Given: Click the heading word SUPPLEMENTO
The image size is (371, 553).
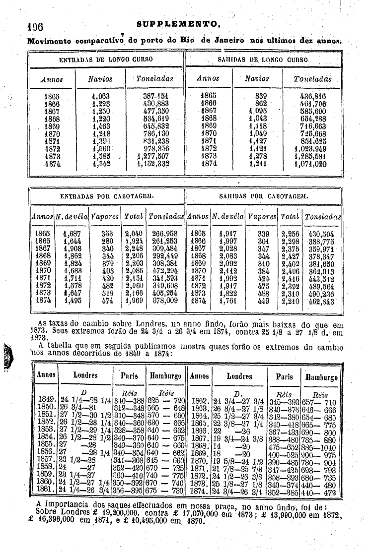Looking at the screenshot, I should [x=179, y=24].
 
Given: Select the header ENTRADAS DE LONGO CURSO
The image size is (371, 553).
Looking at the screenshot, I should [x=106, y=60].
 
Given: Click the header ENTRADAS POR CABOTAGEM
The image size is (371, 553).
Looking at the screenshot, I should [x=106, y=196].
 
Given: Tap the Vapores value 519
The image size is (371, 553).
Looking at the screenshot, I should [x=107, y=294].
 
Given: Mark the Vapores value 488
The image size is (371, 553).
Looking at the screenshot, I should [x=264, y=294].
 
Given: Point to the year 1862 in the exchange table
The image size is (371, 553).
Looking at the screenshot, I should [x=200, y=400].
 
